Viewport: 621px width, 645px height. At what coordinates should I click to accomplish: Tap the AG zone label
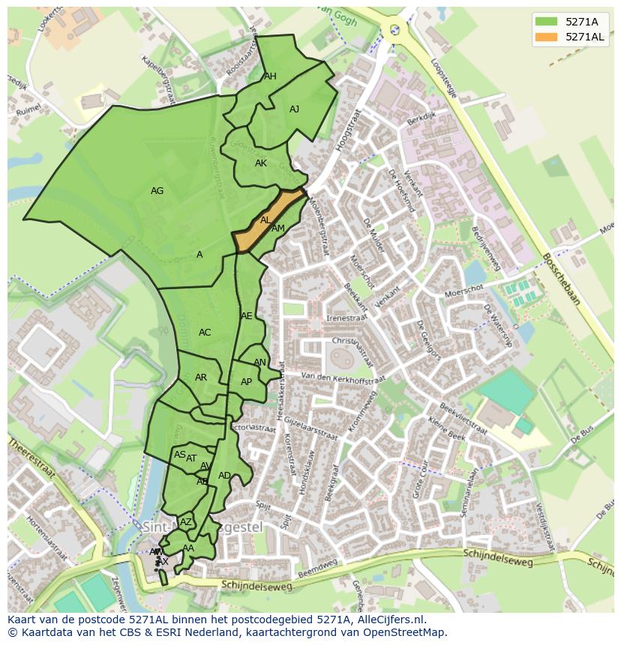(x=157, y=191)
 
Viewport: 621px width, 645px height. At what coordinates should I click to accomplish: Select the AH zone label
(x=270, y=76)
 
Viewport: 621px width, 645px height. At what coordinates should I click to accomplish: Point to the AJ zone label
(x=294, y=109)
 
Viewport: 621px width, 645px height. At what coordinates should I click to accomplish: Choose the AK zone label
(x=260, y=163)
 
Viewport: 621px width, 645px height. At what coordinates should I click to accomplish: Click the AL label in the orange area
(x=265, y=220)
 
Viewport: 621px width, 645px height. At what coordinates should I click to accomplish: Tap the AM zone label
(x=278, y=228)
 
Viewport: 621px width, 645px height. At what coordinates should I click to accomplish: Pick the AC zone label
(x=205, y=333)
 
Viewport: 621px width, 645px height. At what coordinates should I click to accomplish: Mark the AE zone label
(x=247, y=316)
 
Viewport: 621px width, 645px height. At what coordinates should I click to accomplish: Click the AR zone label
(x=201, y=378)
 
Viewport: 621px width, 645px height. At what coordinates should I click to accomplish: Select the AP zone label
(x=246, y=382)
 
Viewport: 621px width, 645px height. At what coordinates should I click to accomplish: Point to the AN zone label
(x=259, y=363)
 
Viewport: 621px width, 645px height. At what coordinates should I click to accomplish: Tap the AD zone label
(x=224, y=476)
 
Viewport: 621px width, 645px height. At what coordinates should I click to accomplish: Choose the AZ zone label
(x=186, y=522)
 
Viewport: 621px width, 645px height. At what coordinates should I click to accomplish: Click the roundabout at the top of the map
(x=394, y=30)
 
